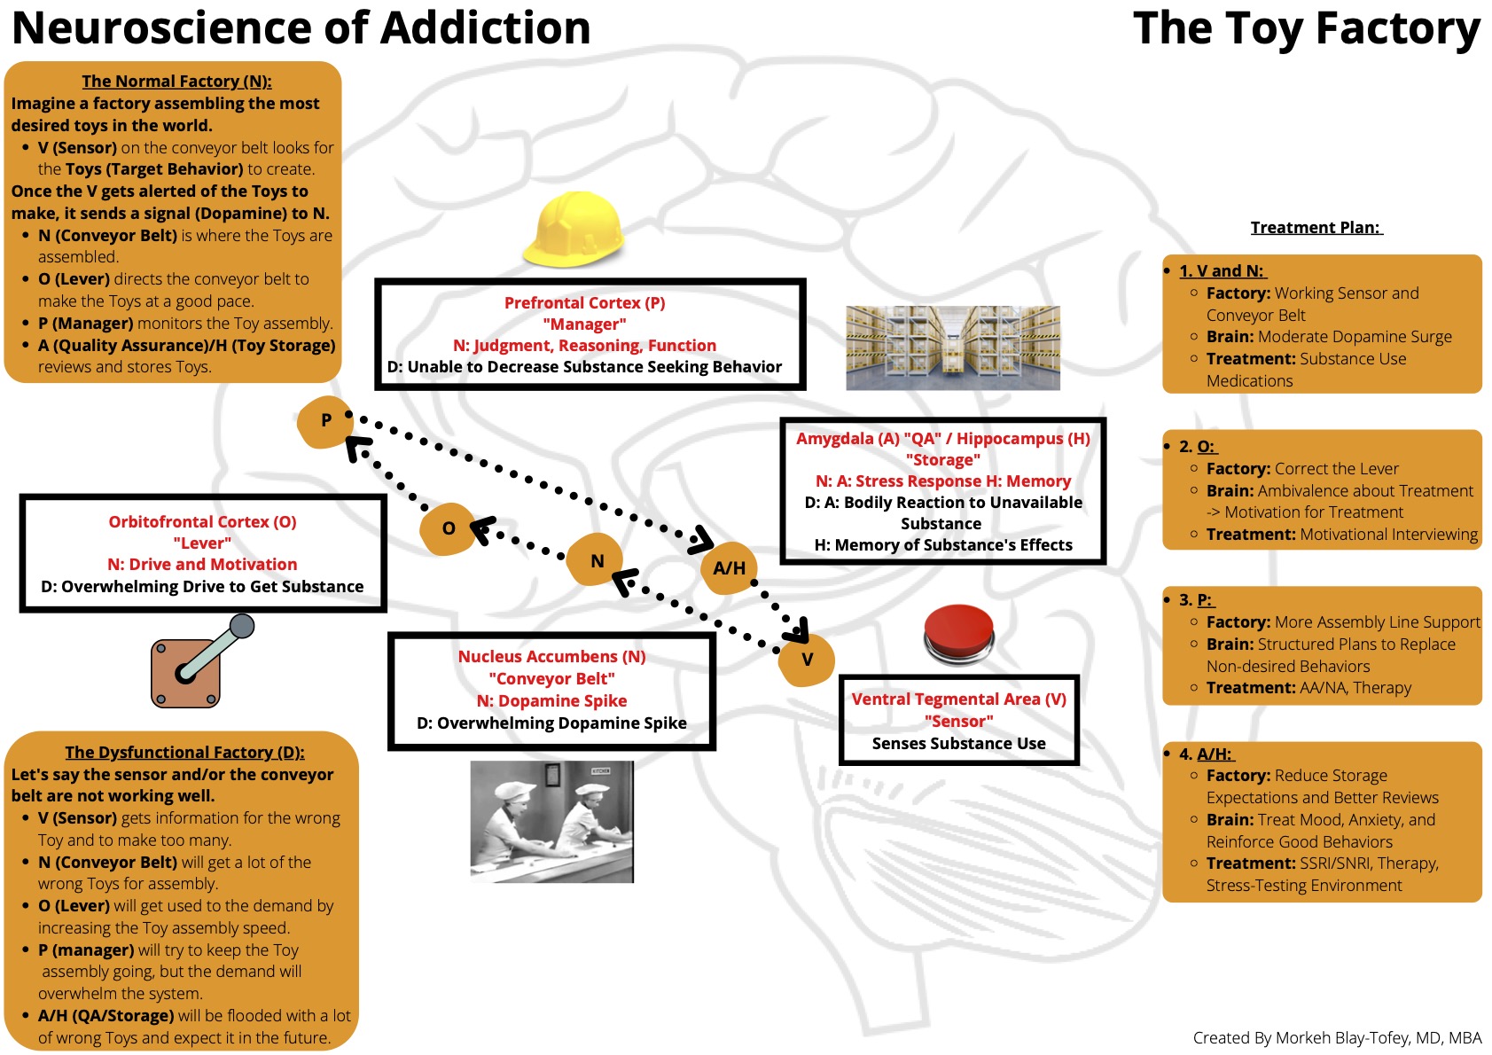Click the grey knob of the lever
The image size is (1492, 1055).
[x=242, y=627]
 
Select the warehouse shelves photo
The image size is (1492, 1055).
[x=953, y=348]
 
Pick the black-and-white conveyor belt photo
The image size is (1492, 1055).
[x=551, y=822]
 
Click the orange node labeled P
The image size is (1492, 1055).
[x=325, y=421]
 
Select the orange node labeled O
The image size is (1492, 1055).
[x=448, y=528]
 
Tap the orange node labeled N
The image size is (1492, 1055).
[x=597, y=560]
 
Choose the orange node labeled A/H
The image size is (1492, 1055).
[x=730, y=568]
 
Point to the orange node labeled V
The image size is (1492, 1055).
[x=807, y=660]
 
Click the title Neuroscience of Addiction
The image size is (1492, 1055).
[x=301, y=28]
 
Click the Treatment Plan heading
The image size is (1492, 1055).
[x=1316, y=228]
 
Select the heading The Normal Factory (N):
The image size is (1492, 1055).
[x=176, y=82]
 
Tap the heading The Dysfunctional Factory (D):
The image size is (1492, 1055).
[x=184, y=753]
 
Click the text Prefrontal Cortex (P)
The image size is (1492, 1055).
[x=584, y=303]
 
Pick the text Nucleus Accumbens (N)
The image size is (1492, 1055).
[x=551, y=657]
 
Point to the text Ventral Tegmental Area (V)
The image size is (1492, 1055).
[x=958, y=699]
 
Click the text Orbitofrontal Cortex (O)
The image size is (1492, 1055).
[x=202, y=522]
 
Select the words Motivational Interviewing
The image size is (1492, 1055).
[x=1388, y=535]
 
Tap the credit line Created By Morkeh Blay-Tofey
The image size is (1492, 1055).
[x=1336, y=1038]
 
